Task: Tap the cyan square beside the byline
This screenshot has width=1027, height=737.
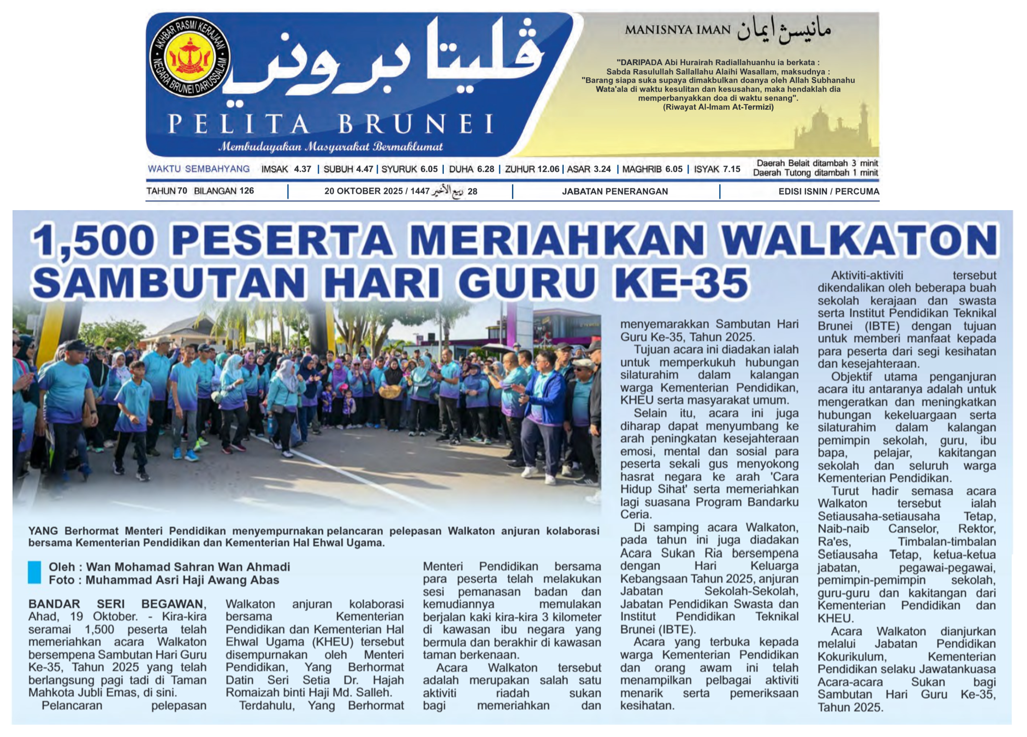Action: coord(34,573)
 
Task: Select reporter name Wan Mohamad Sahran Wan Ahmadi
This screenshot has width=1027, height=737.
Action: coord(188,567)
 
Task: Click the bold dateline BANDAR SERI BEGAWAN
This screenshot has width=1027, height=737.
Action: coord(117,604)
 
